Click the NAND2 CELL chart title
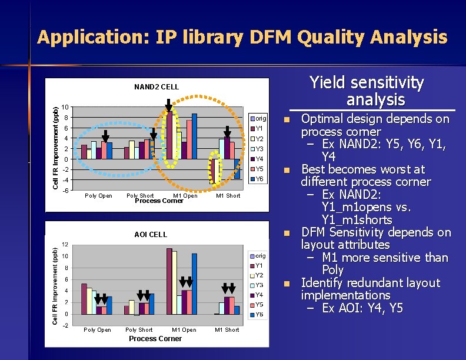tap(156, 87)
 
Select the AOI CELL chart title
tap(150, 235)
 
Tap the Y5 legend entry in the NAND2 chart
tap(259, 169)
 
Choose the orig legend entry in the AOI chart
tap(259, 256)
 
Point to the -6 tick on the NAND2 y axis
tap(66, 191)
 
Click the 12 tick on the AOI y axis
tap(65, 245)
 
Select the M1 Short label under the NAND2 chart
tap(228, 196)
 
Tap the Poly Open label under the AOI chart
tap(97, 330)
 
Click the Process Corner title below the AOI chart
tap(155, 339)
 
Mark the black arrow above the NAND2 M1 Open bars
tap(169, 105)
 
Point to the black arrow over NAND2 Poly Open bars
tap(105, 135)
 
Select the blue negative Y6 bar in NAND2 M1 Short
tap(237, 169)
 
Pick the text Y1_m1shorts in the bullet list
tap(357, 220)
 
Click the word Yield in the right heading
tap(327, 83)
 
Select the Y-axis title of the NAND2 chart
tap(55, 148)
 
